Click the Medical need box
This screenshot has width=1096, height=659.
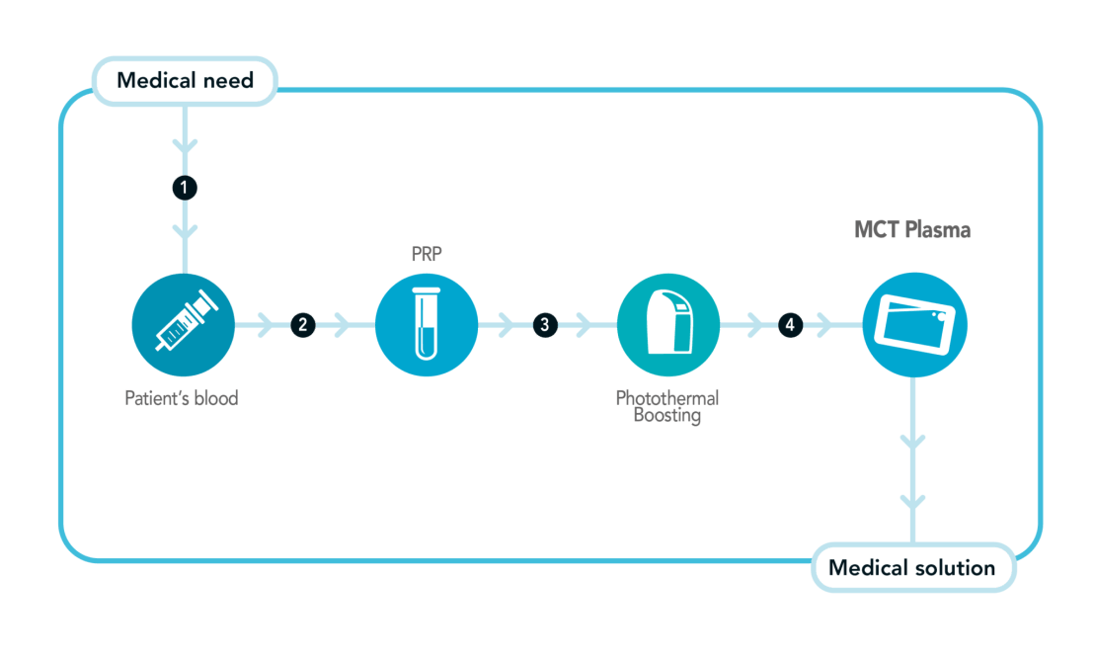coord(185,81)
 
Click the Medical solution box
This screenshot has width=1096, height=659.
coord(913,567)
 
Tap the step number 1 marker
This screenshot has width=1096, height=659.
coord(185,188)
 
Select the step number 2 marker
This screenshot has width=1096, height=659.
coord(303,325)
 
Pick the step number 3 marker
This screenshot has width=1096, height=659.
coord(545,325)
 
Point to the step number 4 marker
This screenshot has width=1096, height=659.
coord(790,325)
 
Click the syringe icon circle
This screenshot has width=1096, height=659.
coord(183,325)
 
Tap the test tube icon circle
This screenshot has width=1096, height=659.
coord(427,325)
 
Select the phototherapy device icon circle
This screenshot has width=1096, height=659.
coord(668,325)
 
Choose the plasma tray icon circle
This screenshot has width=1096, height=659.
coord(914,325)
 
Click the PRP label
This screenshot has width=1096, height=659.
coord(427,254)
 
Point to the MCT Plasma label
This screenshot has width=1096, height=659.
coord(912,229)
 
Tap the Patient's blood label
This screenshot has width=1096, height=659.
coord(181,398)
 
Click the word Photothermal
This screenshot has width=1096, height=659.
coord(666,398)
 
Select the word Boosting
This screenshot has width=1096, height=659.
coord(666,416)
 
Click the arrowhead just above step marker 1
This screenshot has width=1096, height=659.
coord(185,145)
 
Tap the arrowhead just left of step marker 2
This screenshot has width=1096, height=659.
coord(266,325)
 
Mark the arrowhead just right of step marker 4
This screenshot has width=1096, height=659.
coord(824,325)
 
